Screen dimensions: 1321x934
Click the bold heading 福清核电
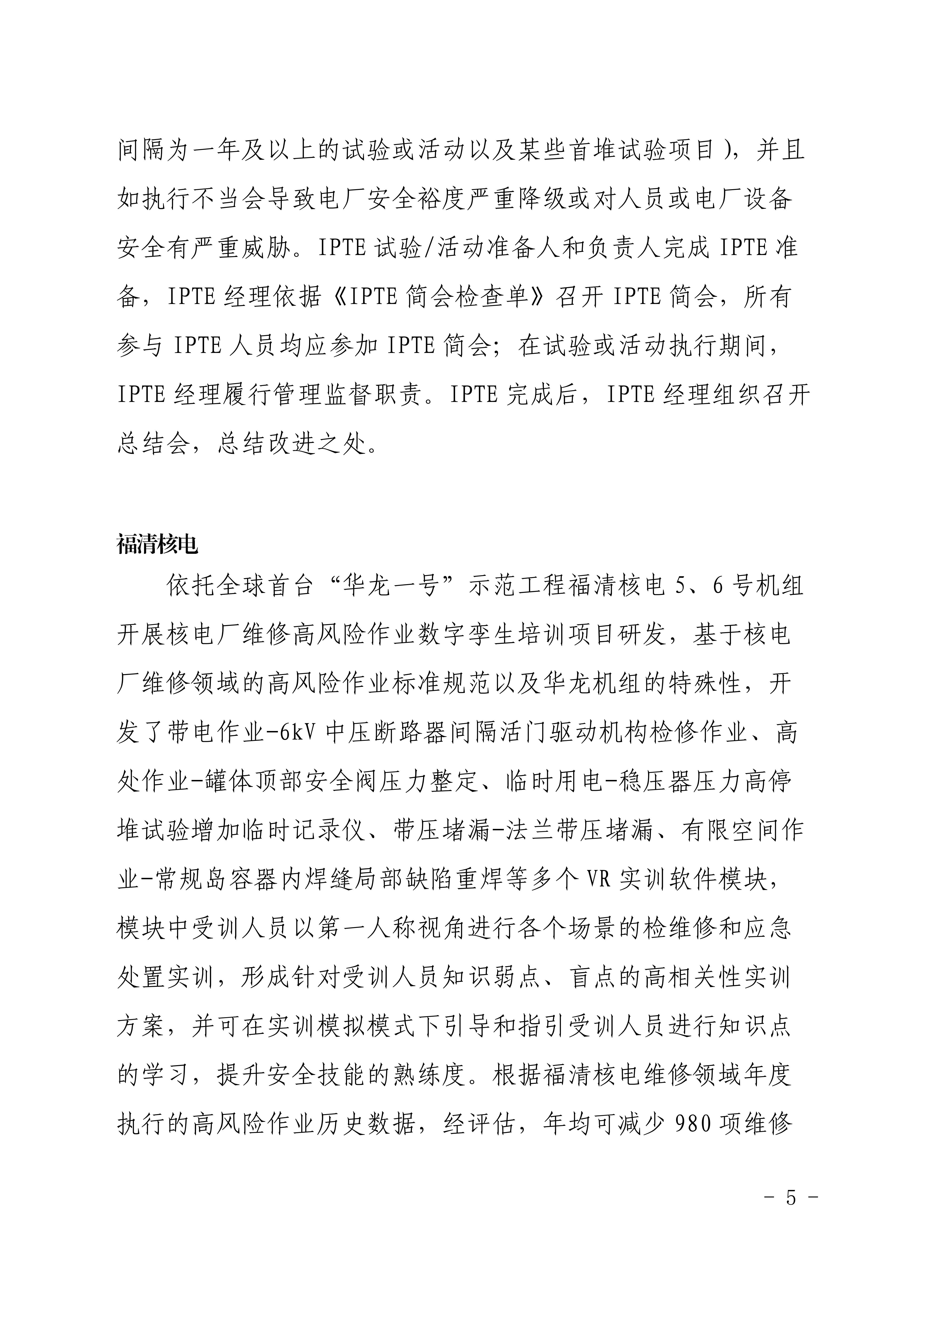click(158, 544)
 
